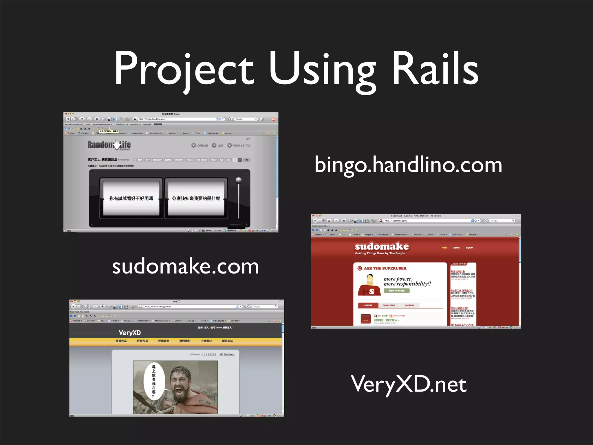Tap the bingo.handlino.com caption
408,165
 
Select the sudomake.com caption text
185,267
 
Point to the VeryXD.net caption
409,384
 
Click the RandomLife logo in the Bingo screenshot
109,145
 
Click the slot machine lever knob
239,180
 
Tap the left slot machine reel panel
131,198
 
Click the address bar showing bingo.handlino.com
177,119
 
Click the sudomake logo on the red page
382,247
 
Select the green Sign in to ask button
396,291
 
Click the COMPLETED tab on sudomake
389,305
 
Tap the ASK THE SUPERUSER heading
385,268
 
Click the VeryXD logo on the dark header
130,333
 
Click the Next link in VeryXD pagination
231,354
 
